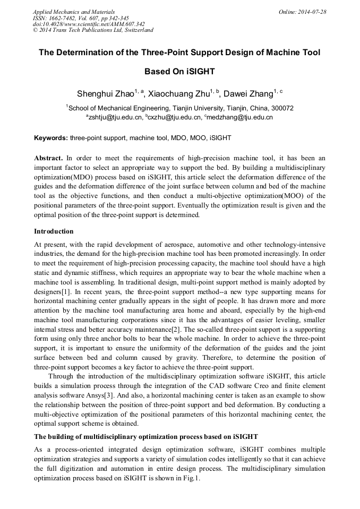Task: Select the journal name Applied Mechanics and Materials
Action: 73,11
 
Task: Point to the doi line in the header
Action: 89,24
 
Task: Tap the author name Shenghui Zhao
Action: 105,94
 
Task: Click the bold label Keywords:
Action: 51,138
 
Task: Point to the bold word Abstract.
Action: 48,158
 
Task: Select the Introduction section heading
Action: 54,231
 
